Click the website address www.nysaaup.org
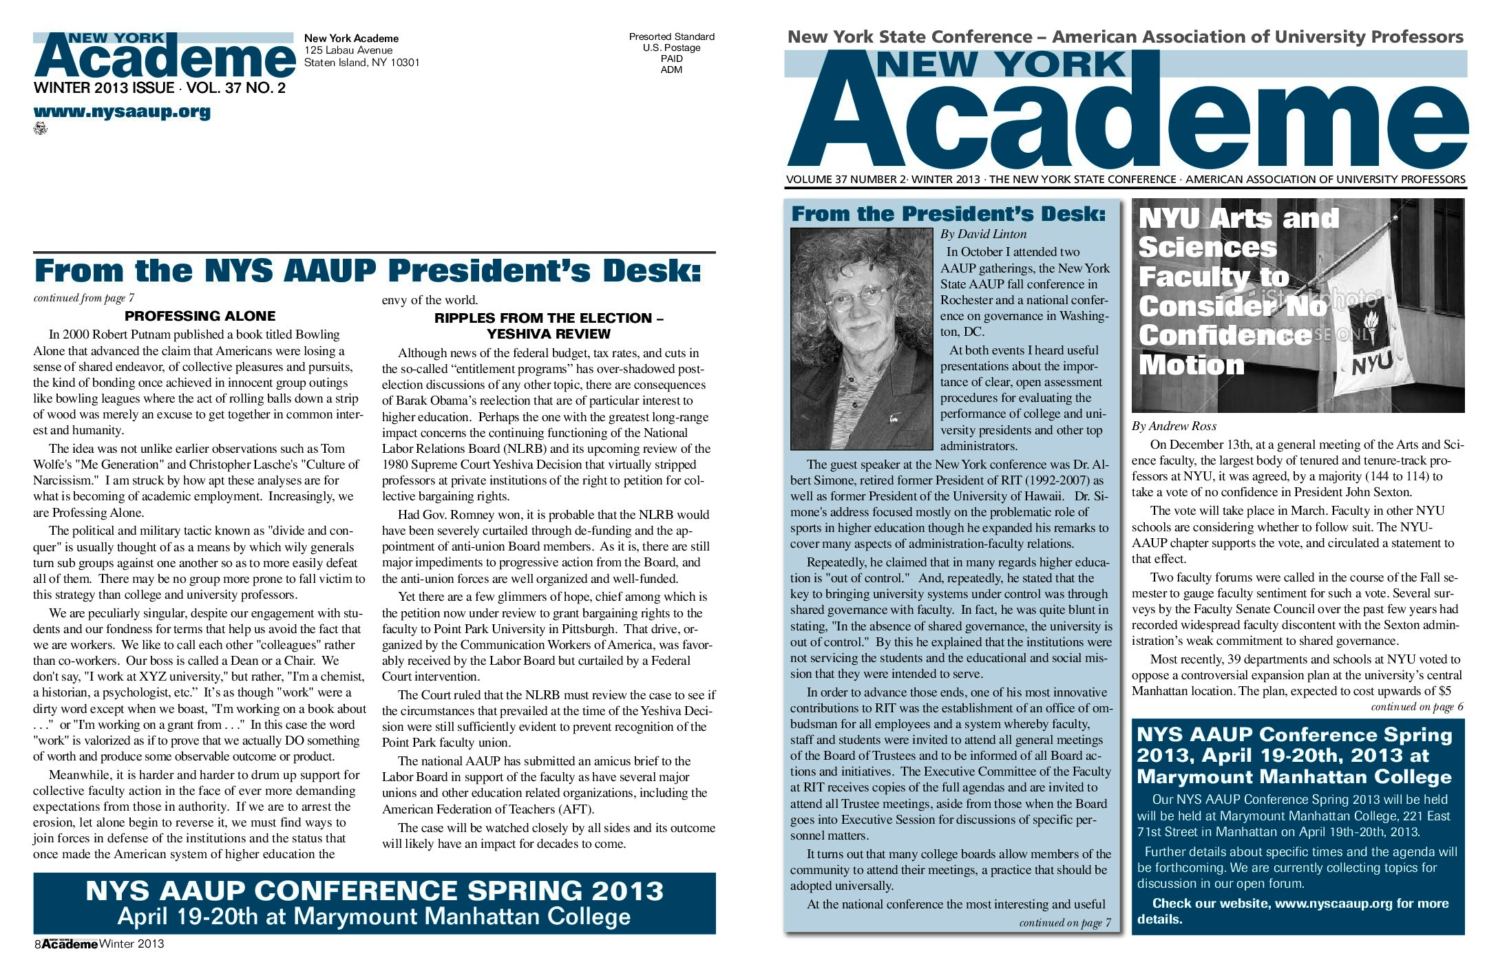(x=122, y=111)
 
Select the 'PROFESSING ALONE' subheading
(x=200, y=316)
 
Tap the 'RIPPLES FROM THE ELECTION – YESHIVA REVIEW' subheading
(x=548, y=326)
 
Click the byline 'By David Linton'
(x=983, y=234)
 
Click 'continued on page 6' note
(x=1417, y=707)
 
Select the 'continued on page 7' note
(x=1064, y=923)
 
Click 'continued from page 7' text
(x=84, y=298)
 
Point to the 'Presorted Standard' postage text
(x=671, y=36)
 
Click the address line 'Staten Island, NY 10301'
(x=361, y=63)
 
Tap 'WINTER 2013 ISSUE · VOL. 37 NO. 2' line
(x=159, y=88)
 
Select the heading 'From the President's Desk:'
(x=948, y=214)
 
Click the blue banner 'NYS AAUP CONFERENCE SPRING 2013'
(x=374, y=903)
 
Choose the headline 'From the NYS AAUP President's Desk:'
(x=368, y=270)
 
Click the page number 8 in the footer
(x=37, y=944)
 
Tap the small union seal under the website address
(x=40, y=128)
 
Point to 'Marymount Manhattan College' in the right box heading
(x=1294, y=777)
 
